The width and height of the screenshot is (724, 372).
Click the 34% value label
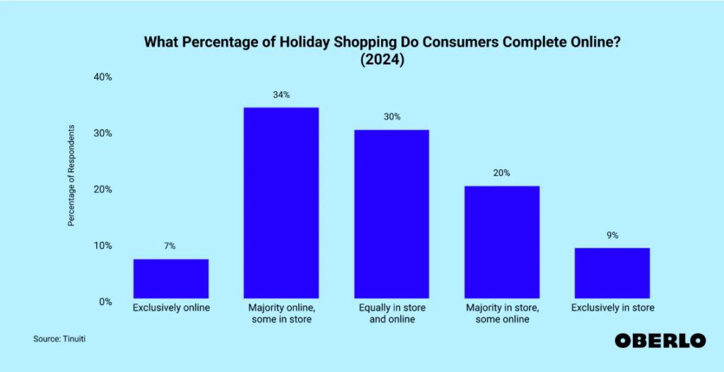281,94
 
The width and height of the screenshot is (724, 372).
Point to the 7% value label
170,246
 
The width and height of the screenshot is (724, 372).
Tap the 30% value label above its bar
391,117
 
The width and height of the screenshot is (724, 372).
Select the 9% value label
612,235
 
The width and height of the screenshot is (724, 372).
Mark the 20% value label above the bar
502,173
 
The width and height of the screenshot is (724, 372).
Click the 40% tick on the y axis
103,77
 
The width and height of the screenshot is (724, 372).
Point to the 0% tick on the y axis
106,302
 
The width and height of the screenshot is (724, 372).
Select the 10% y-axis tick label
103,246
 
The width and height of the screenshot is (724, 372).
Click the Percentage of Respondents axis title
71,175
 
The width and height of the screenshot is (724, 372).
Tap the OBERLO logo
660,340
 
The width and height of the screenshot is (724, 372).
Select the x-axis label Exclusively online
170,308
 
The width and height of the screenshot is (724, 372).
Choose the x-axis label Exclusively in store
612,308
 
